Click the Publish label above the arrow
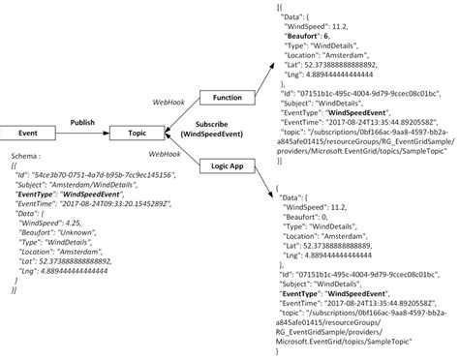click(x=81, y=123)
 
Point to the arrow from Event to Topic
click(x=81, y=133)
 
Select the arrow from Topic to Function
click(x=174, y=114)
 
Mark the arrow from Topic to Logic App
click(x=174, y=150)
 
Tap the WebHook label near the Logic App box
click(x=167, y=155)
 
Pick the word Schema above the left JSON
click(x=23, y=156)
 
